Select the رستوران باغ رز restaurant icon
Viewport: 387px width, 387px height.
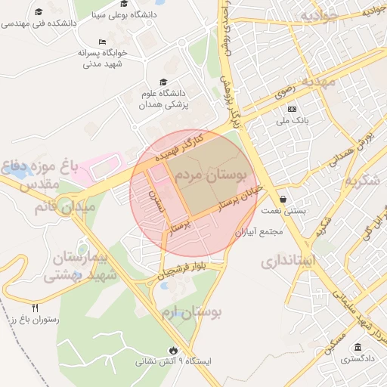(x=36, y=308)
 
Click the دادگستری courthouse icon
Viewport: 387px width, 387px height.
(x=358, y=348)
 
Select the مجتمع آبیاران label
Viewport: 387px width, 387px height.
(x=259, y=231)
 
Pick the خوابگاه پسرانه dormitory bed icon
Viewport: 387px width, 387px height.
(x=103, y=42)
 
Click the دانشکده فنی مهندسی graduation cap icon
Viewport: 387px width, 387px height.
(x=39, y=12)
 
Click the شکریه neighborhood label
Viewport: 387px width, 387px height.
(x=364, y=182)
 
